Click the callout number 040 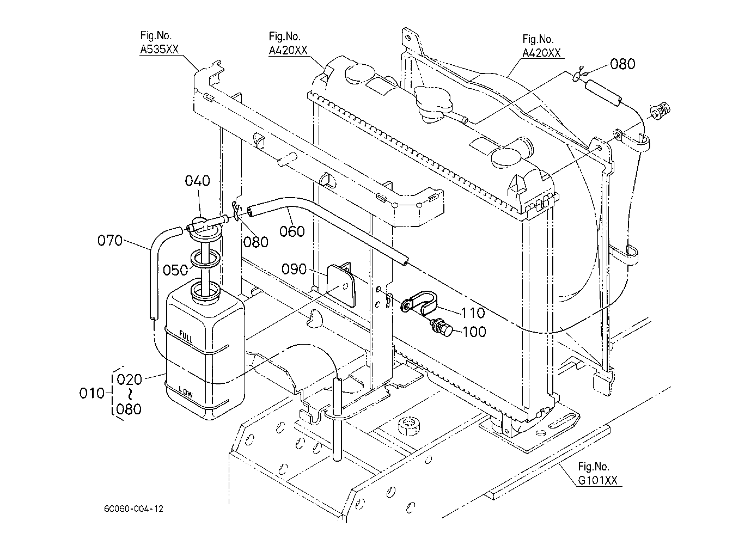coord(197,181)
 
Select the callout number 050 coord(175,270)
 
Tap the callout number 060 coord(292,231)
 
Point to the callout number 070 coord(110,240)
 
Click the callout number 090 coord(294,269)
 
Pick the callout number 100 coord(474,332)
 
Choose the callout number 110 coord(473,313)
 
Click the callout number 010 coord(92,393)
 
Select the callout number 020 coord(130,379)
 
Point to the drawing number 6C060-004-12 coord(133,509)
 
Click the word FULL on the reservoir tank coord(186,336)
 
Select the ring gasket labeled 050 coord(205,259)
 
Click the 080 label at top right coord(622,64)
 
